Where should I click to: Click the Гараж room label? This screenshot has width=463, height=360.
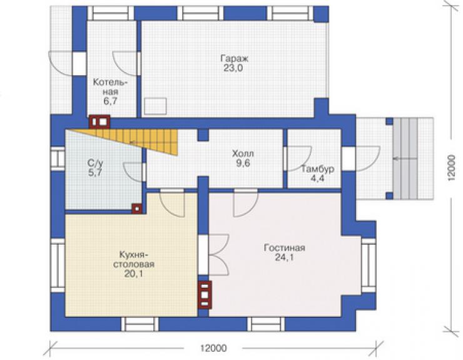click(235, 58)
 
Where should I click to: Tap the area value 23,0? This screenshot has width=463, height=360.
click(233, 68)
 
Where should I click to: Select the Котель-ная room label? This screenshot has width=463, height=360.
click(111, 87)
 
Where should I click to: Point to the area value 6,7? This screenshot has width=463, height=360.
click(111, 101)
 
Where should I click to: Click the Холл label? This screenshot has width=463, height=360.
click(243, 153)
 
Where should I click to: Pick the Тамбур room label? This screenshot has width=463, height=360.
click(318, 169)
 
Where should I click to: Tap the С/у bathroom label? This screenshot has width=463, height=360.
click(95, 163)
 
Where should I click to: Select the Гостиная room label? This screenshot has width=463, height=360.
click(284, 248)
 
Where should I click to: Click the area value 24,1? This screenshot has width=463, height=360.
click(284, 257)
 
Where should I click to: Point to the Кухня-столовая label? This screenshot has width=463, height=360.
click(134, 259)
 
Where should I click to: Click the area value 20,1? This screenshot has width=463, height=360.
click(133, 274)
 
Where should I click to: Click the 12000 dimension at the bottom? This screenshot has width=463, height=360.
click(213, 348)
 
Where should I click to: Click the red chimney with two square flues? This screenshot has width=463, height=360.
click(99, 121)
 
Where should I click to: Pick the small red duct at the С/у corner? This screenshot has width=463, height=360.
click(137, 208)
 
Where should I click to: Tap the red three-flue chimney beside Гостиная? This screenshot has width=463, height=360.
click(205, 294)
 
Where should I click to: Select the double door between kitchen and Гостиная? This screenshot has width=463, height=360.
click(219, 254)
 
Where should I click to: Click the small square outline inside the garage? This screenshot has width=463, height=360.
click(155, 106)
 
